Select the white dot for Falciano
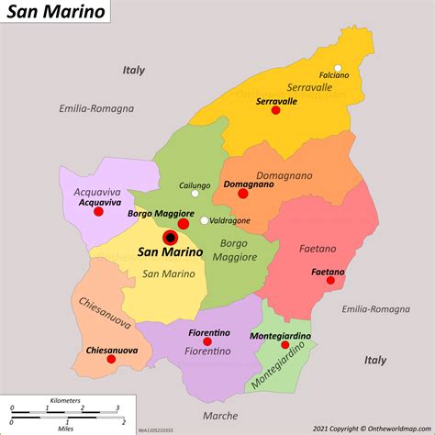pyautogui.click(x=338, y=67)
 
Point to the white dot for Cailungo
pyautogui.click(x=195, y=193)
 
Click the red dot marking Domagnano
pyautogui.click(x=242, y=194)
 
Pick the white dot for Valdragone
pyautogui.click(x=204, y=220)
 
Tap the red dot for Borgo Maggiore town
pyautogui.click(x=184, y=223)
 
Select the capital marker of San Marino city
pyautogui.click(x=170, y=239)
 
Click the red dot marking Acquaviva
pyautogui.click(x=98, y=212)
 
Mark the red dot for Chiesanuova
pyautogui.click(x=111, y=359)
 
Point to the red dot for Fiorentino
pyautogui.click(x=207, y=341)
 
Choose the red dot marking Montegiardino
pyautogui.click(x=284, y=346)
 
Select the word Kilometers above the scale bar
pyautogui.click(x=65, y=400)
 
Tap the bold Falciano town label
pyautogui.click(x=334, y=75)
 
